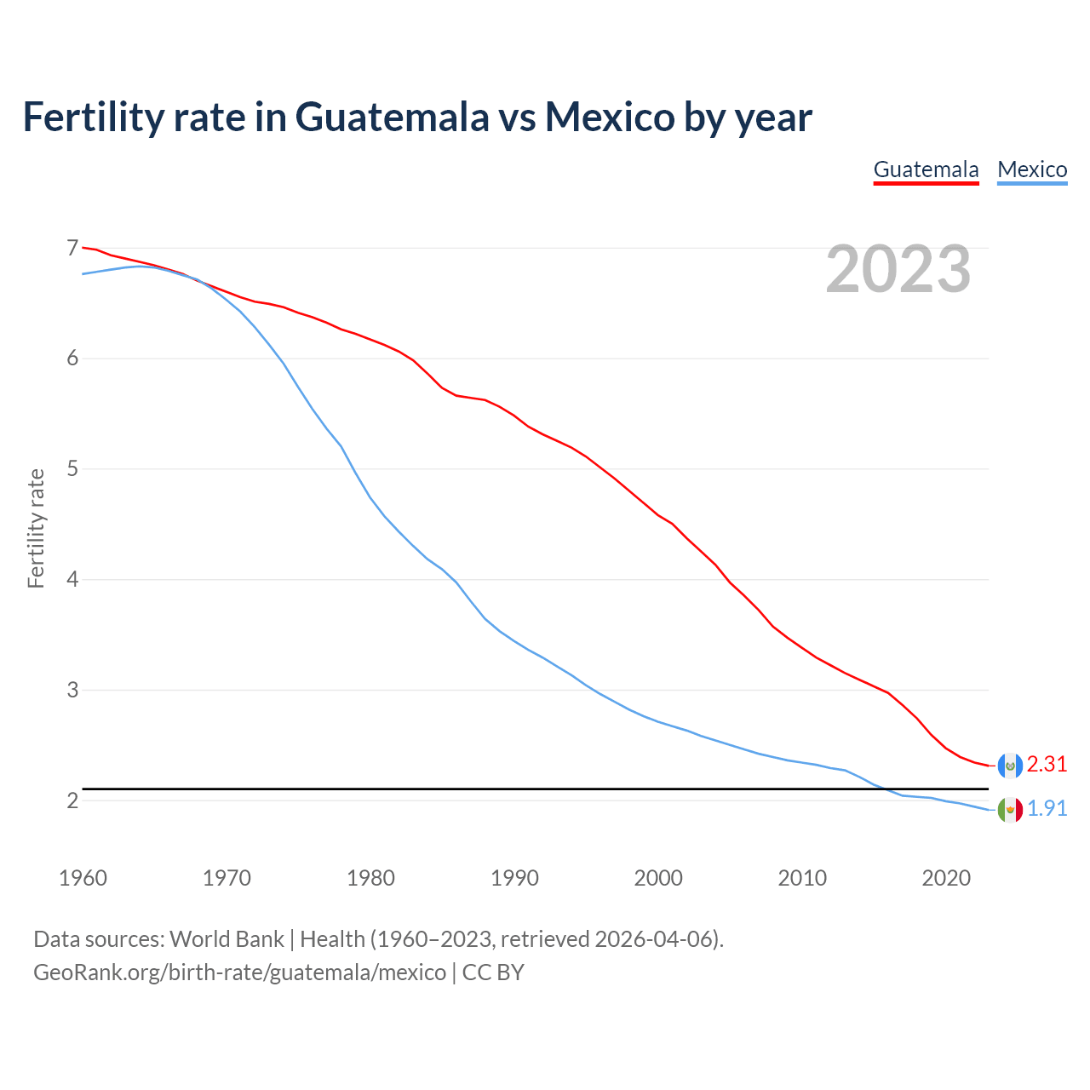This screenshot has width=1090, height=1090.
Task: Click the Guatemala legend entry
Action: pos(926,169)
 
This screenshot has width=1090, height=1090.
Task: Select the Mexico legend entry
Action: pos(1032,169)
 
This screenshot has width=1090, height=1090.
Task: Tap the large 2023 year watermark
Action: pos(898,269)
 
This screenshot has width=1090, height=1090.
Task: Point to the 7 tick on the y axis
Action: pos(72,248)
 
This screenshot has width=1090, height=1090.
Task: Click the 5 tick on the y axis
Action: pos(72,468)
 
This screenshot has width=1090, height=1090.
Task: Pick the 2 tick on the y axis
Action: pos(72,800)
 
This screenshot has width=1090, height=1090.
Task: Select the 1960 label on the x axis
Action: pos(83,878)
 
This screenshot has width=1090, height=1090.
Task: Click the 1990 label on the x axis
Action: pos(514,878)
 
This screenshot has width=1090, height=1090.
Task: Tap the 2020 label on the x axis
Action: pos(946,878)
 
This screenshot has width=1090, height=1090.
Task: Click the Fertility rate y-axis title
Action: pos(36,528)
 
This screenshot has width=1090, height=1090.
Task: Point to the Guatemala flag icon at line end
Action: pos(1010,766)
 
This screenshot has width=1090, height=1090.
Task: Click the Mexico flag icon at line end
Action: pos(1010,809)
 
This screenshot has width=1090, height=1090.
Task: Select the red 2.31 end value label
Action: pos(1047,765)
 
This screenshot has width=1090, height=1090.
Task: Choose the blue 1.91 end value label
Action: pos(1047,809)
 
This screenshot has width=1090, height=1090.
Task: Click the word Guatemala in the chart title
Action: pos(392,117)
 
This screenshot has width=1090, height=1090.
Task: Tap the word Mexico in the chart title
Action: pos(610,117)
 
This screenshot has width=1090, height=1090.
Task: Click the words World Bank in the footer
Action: pos(227,939)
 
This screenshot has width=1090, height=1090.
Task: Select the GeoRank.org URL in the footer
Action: pos(239,972)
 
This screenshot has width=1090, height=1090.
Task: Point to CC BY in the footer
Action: pos(493,972)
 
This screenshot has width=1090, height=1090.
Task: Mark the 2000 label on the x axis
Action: pos(658,878)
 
